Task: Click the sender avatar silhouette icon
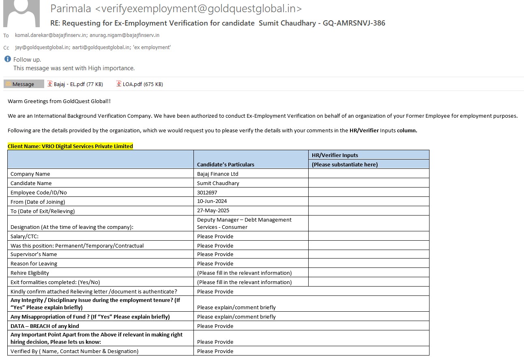(x=21, y=14)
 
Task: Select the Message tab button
(x=24, y=84)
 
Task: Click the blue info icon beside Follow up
(x=7, y=59)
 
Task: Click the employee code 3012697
(x=207, y=192)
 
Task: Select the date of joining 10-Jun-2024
(x=212, y=201)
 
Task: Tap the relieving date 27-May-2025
(x=213, y=211)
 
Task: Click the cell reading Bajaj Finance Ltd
(x=217, y=174)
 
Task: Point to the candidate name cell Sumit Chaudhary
(x=218, y=183)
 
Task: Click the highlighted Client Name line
(x=70, y=146)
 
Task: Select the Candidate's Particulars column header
(x=225, y=164)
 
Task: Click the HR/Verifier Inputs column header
(x=335, y=155)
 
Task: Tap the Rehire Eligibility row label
(x=30, y=273)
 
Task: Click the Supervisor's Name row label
(x=34, y=254)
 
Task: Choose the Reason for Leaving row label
(x=34, y=263)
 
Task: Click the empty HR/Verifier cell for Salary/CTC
(x=368, y=236)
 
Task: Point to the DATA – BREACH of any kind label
(x=45, y=326)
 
